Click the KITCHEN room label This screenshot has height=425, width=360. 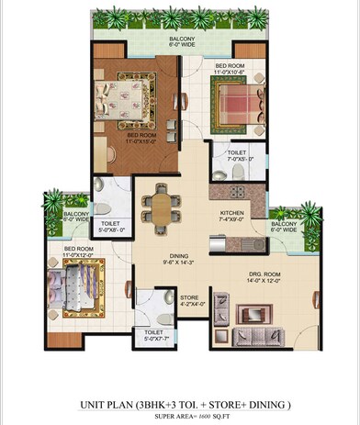pos(230,212)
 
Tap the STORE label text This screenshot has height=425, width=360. pos(190,296)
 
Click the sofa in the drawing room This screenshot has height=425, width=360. pos(257,313)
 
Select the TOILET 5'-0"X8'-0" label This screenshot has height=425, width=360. pos(111,223)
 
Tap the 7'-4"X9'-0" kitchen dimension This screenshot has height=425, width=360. pos(230,220)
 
